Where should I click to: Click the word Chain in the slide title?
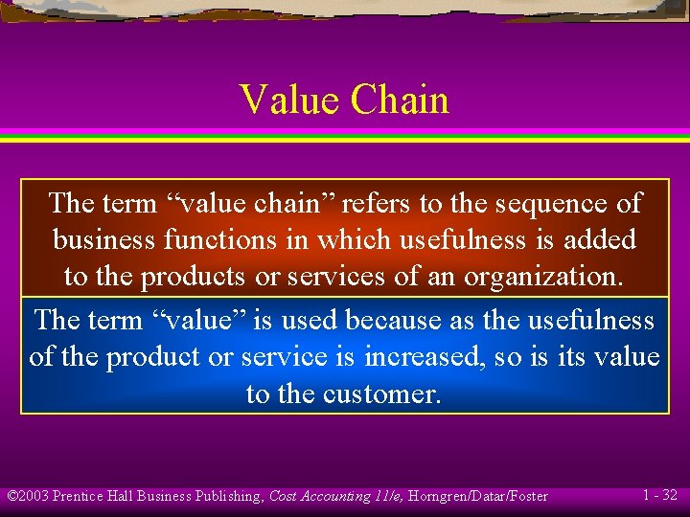400,100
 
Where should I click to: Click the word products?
195,277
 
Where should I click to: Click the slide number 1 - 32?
659,495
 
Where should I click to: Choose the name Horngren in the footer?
441,496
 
